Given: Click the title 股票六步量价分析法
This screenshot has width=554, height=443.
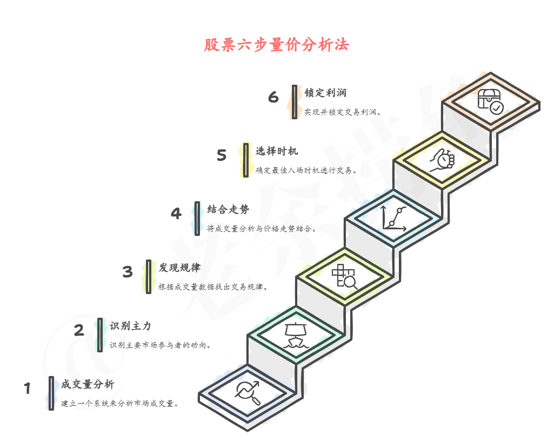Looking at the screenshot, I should pos(276,45).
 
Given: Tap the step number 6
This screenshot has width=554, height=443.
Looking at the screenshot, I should pos(273,97).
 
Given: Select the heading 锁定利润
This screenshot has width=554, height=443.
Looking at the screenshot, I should pos(325,93).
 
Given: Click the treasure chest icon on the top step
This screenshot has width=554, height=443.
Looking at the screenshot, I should pos(490,101).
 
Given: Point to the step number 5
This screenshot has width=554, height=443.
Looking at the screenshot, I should pos(222,155).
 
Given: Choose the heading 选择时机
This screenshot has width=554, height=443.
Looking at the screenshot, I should pos(277,151).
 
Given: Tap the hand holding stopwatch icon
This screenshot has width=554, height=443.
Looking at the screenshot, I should pos(443,160).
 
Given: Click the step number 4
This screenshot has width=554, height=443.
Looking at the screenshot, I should pos(176,214).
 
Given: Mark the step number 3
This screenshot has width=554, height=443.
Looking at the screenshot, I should pos(128,271).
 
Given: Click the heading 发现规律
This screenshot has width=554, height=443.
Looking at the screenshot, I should pos(179,268).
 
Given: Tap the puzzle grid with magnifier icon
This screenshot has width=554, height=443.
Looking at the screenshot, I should pos(345,276).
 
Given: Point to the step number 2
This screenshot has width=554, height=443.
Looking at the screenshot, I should pos(79,330).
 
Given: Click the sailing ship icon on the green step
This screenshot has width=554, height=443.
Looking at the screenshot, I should pos(296,335).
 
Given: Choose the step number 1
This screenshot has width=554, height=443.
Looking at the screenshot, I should pos(28,389).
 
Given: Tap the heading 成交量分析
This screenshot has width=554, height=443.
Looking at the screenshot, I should pos(88,384).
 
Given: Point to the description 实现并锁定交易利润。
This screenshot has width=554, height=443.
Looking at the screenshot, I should pos(343,112).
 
